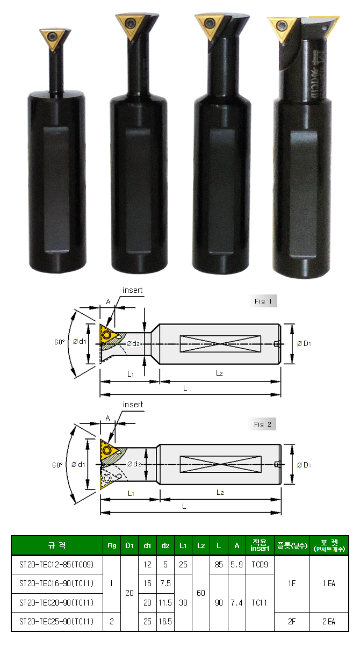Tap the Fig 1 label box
263,301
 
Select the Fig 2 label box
262,424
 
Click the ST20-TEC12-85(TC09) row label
56,564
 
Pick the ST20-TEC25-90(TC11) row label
56,621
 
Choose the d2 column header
165,545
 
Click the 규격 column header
57,545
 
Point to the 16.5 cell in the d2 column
165,621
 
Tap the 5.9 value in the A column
237,564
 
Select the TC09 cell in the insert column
260,564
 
